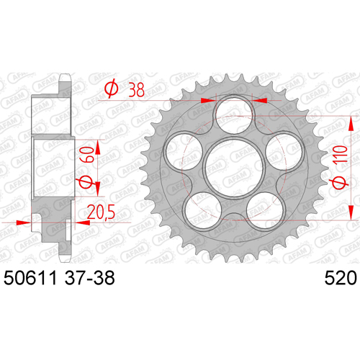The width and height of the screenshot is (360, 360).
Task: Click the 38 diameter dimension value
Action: point(136,90)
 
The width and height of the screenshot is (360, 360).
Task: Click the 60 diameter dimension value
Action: point(86,155)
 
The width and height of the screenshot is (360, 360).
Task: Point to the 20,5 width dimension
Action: point(101,212)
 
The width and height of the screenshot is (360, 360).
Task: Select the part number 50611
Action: point(30,278)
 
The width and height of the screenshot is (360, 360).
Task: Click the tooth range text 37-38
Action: point(89,278)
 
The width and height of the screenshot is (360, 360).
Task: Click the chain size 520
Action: point(341,278)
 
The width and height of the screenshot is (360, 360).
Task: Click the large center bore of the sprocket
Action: point(234,166)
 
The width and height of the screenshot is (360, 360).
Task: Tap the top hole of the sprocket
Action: point(235,114)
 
